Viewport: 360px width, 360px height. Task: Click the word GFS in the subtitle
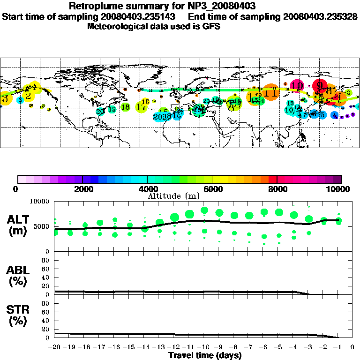[211, 26]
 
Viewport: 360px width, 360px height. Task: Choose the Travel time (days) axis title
[205, 355]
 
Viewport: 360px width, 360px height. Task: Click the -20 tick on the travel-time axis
[54, 347]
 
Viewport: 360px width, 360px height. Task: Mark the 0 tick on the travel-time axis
[352, 347]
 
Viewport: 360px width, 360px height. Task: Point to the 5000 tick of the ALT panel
[43, 226]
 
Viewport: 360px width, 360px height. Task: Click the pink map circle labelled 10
[297, 85]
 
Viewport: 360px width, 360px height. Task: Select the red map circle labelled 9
[320, 86]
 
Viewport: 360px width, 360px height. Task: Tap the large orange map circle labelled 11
[270, 92]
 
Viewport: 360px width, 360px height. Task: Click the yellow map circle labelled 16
[145, 102]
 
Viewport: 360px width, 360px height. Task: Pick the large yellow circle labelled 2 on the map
[29, 96]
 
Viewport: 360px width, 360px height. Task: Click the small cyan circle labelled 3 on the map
[20, 100]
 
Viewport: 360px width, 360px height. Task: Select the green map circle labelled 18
[125, 107]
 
